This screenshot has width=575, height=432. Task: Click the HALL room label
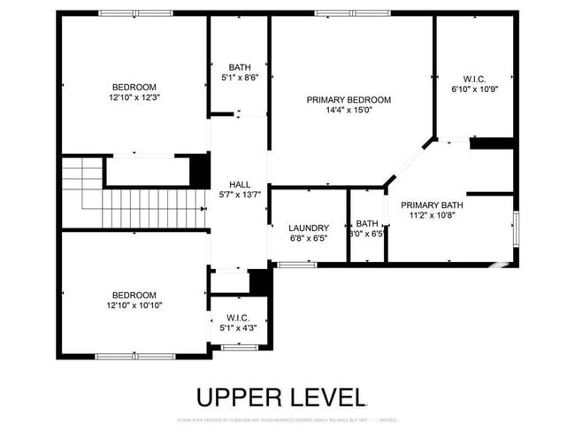[x=239, y=183]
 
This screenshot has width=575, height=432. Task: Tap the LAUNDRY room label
[x=309, y=228]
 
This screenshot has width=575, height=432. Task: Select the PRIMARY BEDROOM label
[x=349, y=100]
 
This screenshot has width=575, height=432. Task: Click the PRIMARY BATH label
[x=432, y=204]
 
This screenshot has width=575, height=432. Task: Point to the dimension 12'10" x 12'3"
[x=134, y=98]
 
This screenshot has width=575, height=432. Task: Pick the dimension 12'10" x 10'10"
[x=134, y=305]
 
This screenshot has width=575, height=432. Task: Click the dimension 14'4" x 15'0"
[x=349, y=112]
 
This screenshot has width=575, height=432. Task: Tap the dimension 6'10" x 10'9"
[x=475, y=89]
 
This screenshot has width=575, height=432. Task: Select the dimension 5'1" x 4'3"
[x=238, y=328]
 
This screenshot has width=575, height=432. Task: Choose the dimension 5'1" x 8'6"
[x=240, y=78]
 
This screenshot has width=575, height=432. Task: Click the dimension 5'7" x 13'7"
[x=239, y=195]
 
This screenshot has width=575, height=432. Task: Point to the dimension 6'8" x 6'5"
[x=309, y=238]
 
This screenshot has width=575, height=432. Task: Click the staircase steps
[x=150, y=209]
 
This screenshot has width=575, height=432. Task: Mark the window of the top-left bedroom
[x=135, y=13]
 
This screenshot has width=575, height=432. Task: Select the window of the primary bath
[x=517, y=230]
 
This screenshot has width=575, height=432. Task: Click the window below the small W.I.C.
[x=238, y=348]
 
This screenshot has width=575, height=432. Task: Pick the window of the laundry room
[x=298, y=264]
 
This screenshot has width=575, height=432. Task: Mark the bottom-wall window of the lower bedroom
[x=135, y=356]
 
